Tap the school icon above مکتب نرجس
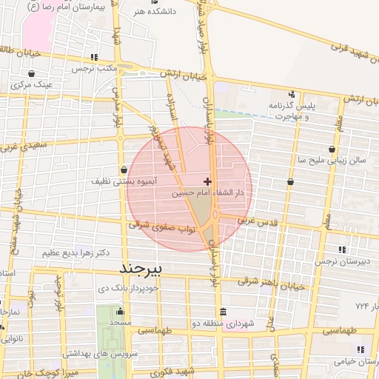click(x=93, y=57)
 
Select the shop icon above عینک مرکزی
click(x=33, y=74)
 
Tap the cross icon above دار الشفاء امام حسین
click(x=207, y=181)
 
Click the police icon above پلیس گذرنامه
click(x=292, y=94)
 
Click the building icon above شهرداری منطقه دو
click(x=223, y=311)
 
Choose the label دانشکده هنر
click(x=151, y=12)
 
